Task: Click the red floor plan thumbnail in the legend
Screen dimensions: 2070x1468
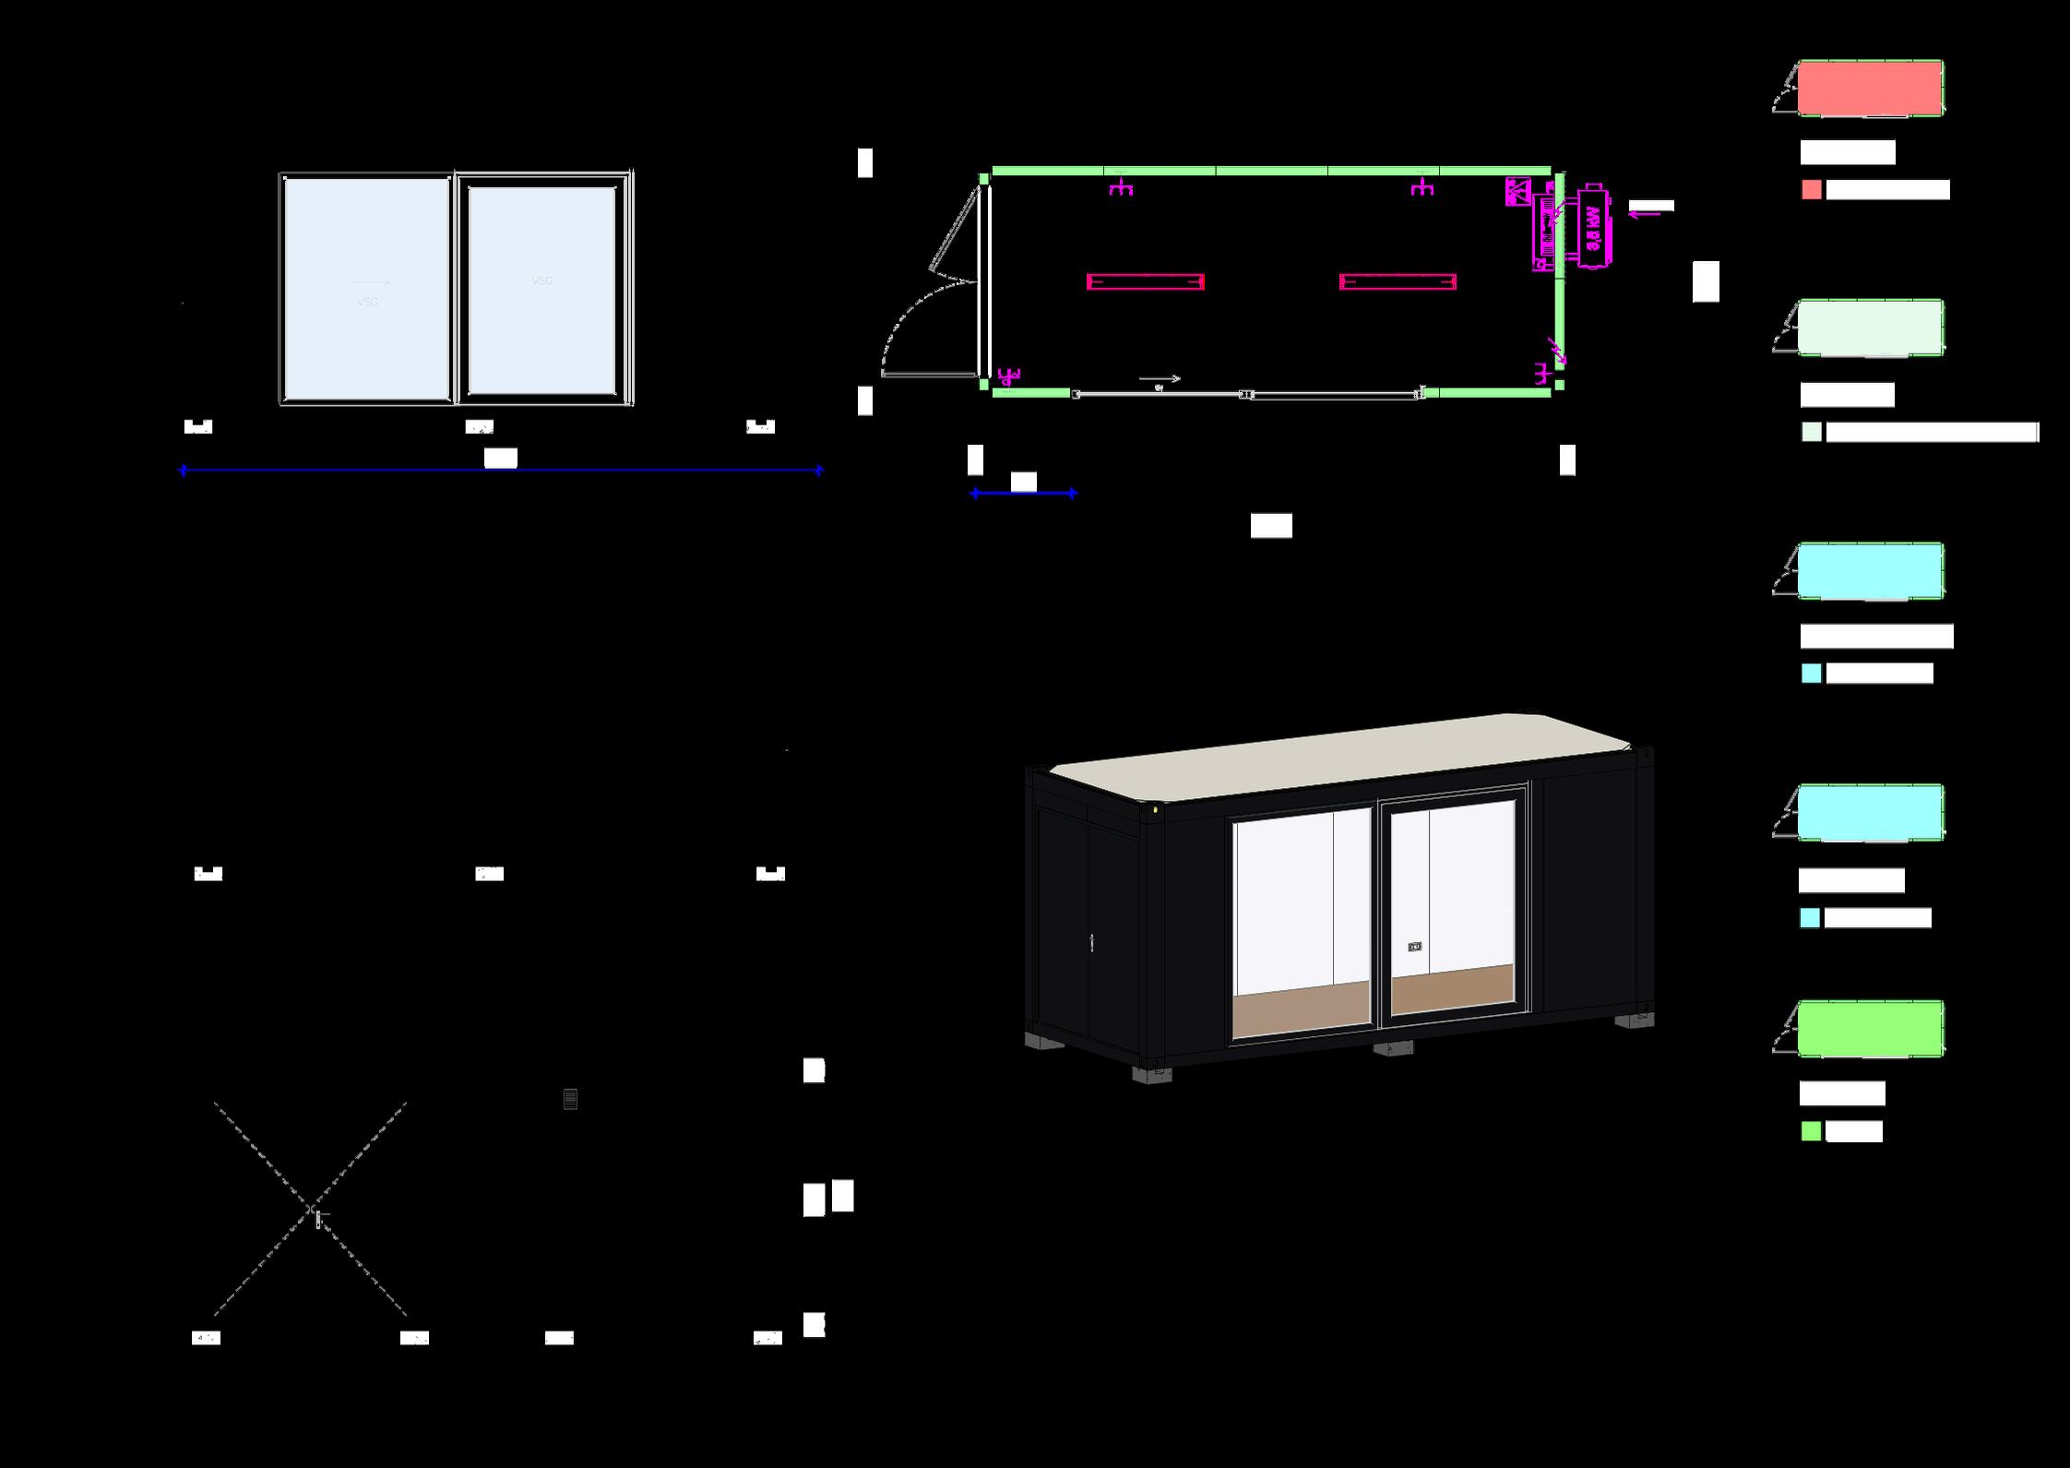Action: click(1870, 88)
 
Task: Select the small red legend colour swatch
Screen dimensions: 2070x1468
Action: click(1811, 189)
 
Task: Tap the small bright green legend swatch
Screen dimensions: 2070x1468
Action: click(1811, 1131)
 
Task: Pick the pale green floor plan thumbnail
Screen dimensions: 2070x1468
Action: click(1870, 328)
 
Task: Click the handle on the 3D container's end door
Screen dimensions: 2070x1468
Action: click(1092, 942)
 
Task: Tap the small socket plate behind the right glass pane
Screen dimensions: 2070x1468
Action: click(1415, 947)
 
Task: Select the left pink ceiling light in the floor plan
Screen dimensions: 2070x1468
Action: click(1145, 281)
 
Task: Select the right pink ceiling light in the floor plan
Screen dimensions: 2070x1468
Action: click(1398, 281)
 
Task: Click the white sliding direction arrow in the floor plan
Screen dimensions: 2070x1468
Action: click(1160, 378)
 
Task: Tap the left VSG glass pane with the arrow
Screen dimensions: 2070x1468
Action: click(366, 288)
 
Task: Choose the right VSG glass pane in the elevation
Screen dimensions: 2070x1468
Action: click(541, 290)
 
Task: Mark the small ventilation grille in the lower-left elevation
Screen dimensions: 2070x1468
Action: click(570, 1099)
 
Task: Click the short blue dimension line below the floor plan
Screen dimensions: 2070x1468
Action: click(1023, 494)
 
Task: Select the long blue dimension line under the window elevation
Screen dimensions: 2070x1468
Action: click(500, 471)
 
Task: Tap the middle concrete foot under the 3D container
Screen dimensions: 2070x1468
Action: click(1392, 1048)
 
